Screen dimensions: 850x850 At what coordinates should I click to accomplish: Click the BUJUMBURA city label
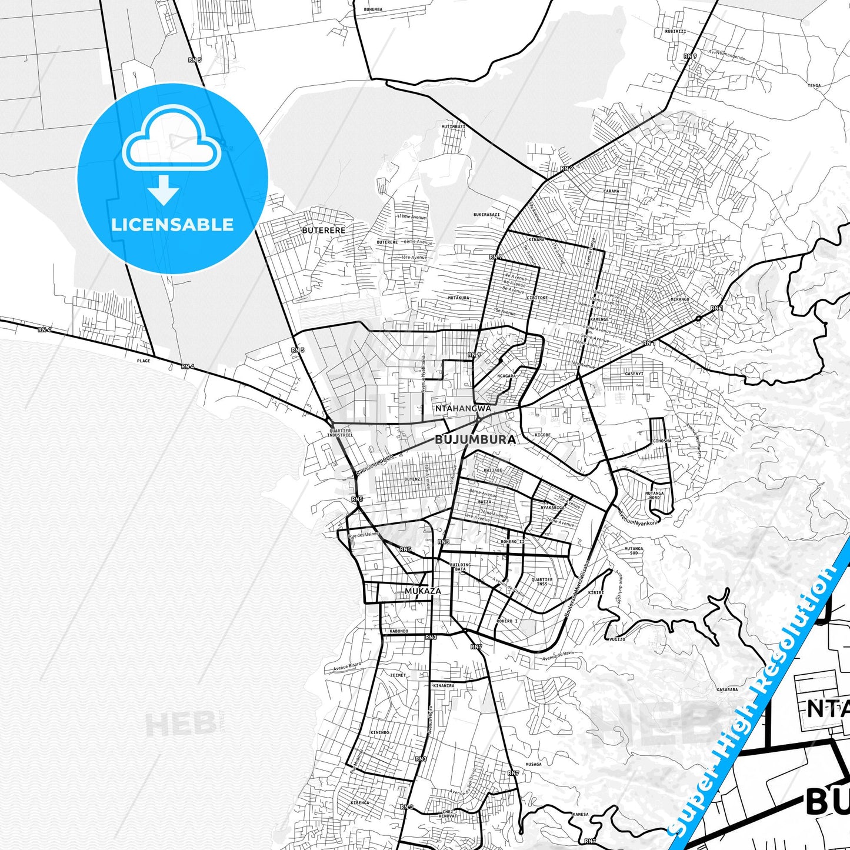tap(475, 439)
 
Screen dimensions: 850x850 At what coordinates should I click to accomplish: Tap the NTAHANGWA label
tap(462, 408)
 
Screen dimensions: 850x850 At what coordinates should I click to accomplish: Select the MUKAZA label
tap(422, 591)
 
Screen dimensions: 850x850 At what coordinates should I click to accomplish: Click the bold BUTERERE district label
tap(324, 230)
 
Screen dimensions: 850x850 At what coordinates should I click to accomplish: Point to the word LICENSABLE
tap(172, 225)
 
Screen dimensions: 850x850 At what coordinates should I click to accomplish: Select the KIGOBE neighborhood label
tap(542, 435)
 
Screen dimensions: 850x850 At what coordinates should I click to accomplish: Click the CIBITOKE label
tap(537, 298)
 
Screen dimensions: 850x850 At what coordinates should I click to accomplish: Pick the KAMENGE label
tap(599, 319)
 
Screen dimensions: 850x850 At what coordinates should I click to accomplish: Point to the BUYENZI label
tap(413, 479)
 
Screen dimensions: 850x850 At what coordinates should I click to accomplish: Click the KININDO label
tap(380, 732)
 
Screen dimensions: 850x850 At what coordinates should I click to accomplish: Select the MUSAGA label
tap(533, 764)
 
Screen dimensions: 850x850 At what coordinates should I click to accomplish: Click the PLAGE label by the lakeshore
tap(144, 361)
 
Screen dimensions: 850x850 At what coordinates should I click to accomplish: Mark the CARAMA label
tap(611, 191)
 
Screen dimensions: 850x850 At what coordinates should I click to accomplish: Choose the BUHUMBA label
tap(373, 9)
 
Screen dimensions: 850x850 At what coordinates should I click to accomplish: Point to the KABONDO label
tap(398, 631)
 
